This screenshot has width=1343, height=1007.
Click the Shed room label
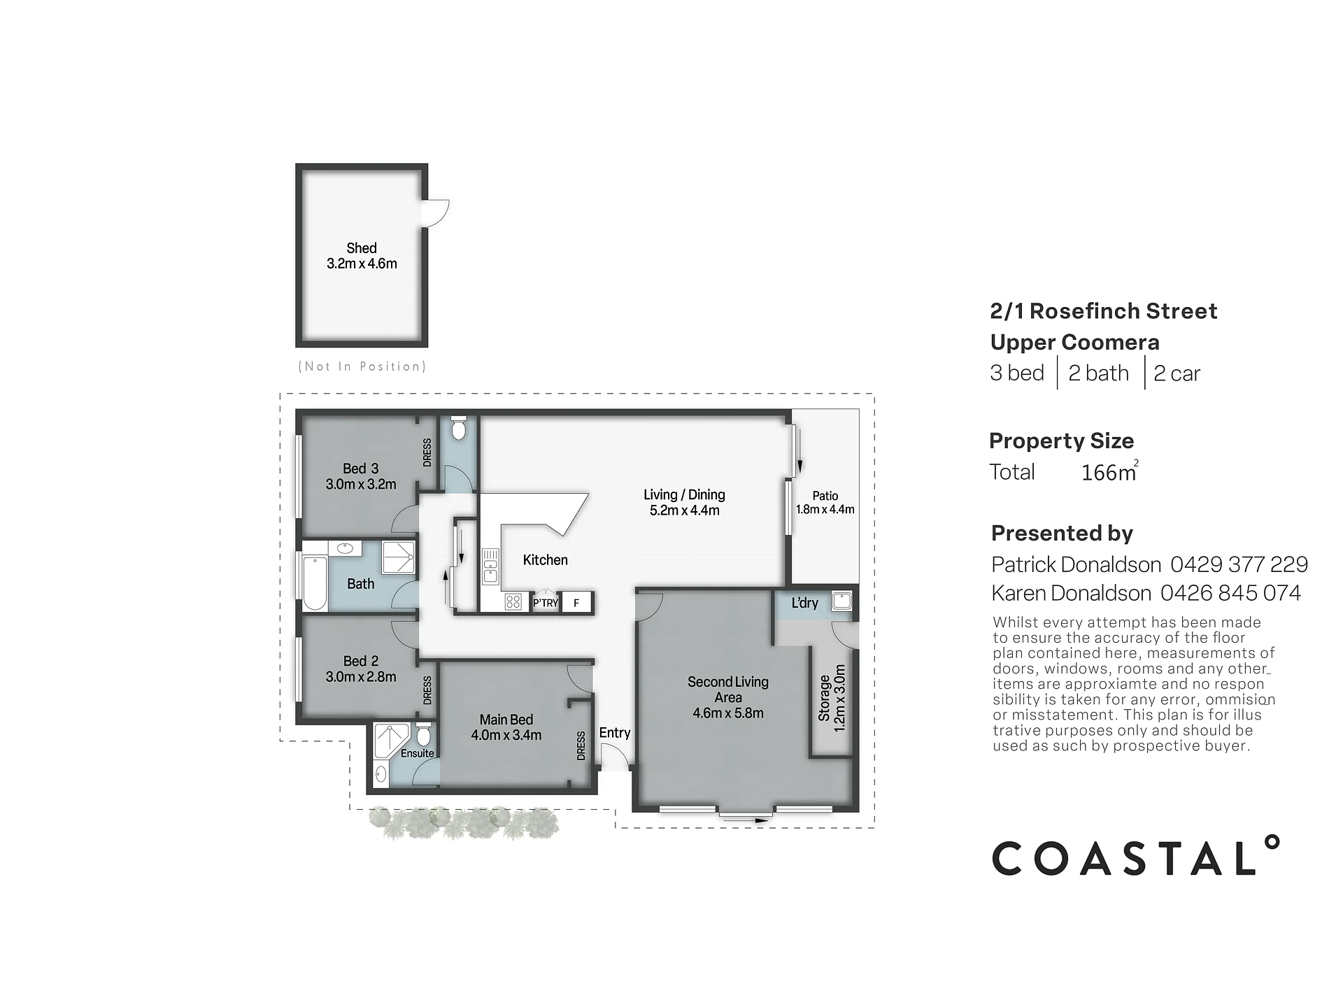pyautogui.click(x=362, y=248)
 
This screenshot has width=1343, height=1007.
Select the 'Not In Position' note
pyautogui.click(x=362, y=366)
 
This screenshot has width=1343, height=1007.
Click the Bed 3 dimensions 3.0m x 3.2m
pyautogui.click(x=361, y=484)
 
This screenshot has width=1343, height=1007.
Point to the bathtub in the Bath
pyautogui.click(x=315, y=584)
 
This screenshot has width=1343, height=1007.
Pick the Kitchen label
pyautogui.click(x=546, y=559)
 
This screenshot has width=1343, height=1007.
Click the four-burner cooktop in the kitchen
pyautogui.click(x=513, y=601)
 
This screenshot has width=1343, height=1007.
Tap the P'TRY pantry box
pyautogui.click(x=546, y=602)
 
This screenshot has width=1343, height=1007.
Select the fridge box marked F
pyautogui.click(x=576, y=602)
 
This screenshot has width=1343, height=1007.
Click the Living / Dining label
pyautogui.click(x=684, y=494)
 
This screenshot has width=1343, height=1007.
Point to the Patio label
pyautogui.click(x=825, y=496)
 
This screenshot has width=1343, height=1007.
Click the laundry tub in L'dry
pyautogui.click(x=841, y=601)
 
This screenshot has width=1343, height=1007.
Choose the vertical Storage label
pyautogui.click(x=824, y=698)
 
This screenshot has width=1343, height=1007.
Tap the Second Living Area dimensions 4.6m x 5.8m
pyautogui.click(x=728, y=713)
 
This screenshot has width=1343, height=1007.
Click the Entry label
pyautogui.click(x=615, y=733)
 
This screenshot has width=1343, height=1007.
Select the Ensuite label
pyautogui.click(x=418, y=753)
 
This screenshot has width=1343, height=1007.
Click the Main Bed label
pyautogui.click(x=506, y=720)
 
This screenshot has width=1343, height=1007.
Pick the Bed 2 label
pyautogui.click(x=361, y=661)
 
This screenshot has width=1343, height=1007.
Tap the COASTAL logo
pyautogui.click(x=1136, y=856)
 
